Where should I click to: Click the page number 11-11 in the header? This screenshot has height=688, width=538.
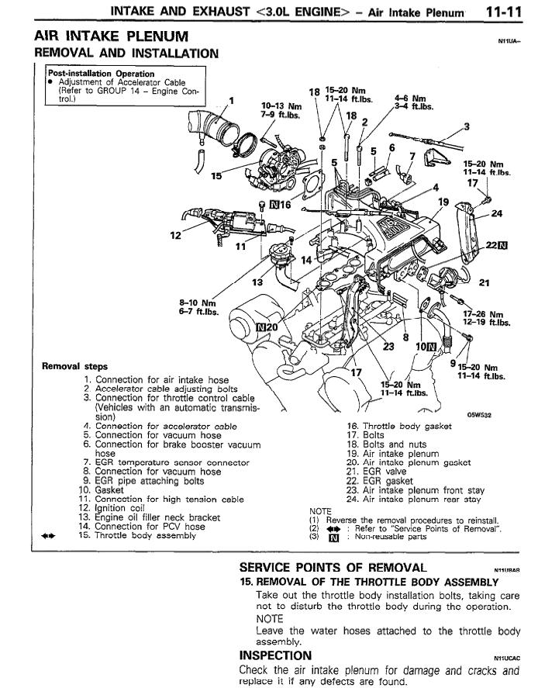[505, 12]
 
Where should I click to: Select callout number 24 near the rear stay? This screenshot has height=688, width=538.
[498, 213]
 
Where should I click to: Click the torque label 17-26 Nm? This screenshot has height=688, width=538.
[482, 314]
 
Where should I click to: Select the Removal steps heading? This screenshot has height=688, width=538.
[75, 366]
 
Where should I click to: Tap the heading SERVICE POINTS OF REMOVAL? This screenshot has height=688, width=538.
[333, 567]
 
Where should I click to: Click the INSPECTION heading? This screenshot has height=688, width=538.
[277, 656]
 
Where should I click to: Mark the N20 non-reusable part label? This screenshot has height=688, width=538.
[267, 327]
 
